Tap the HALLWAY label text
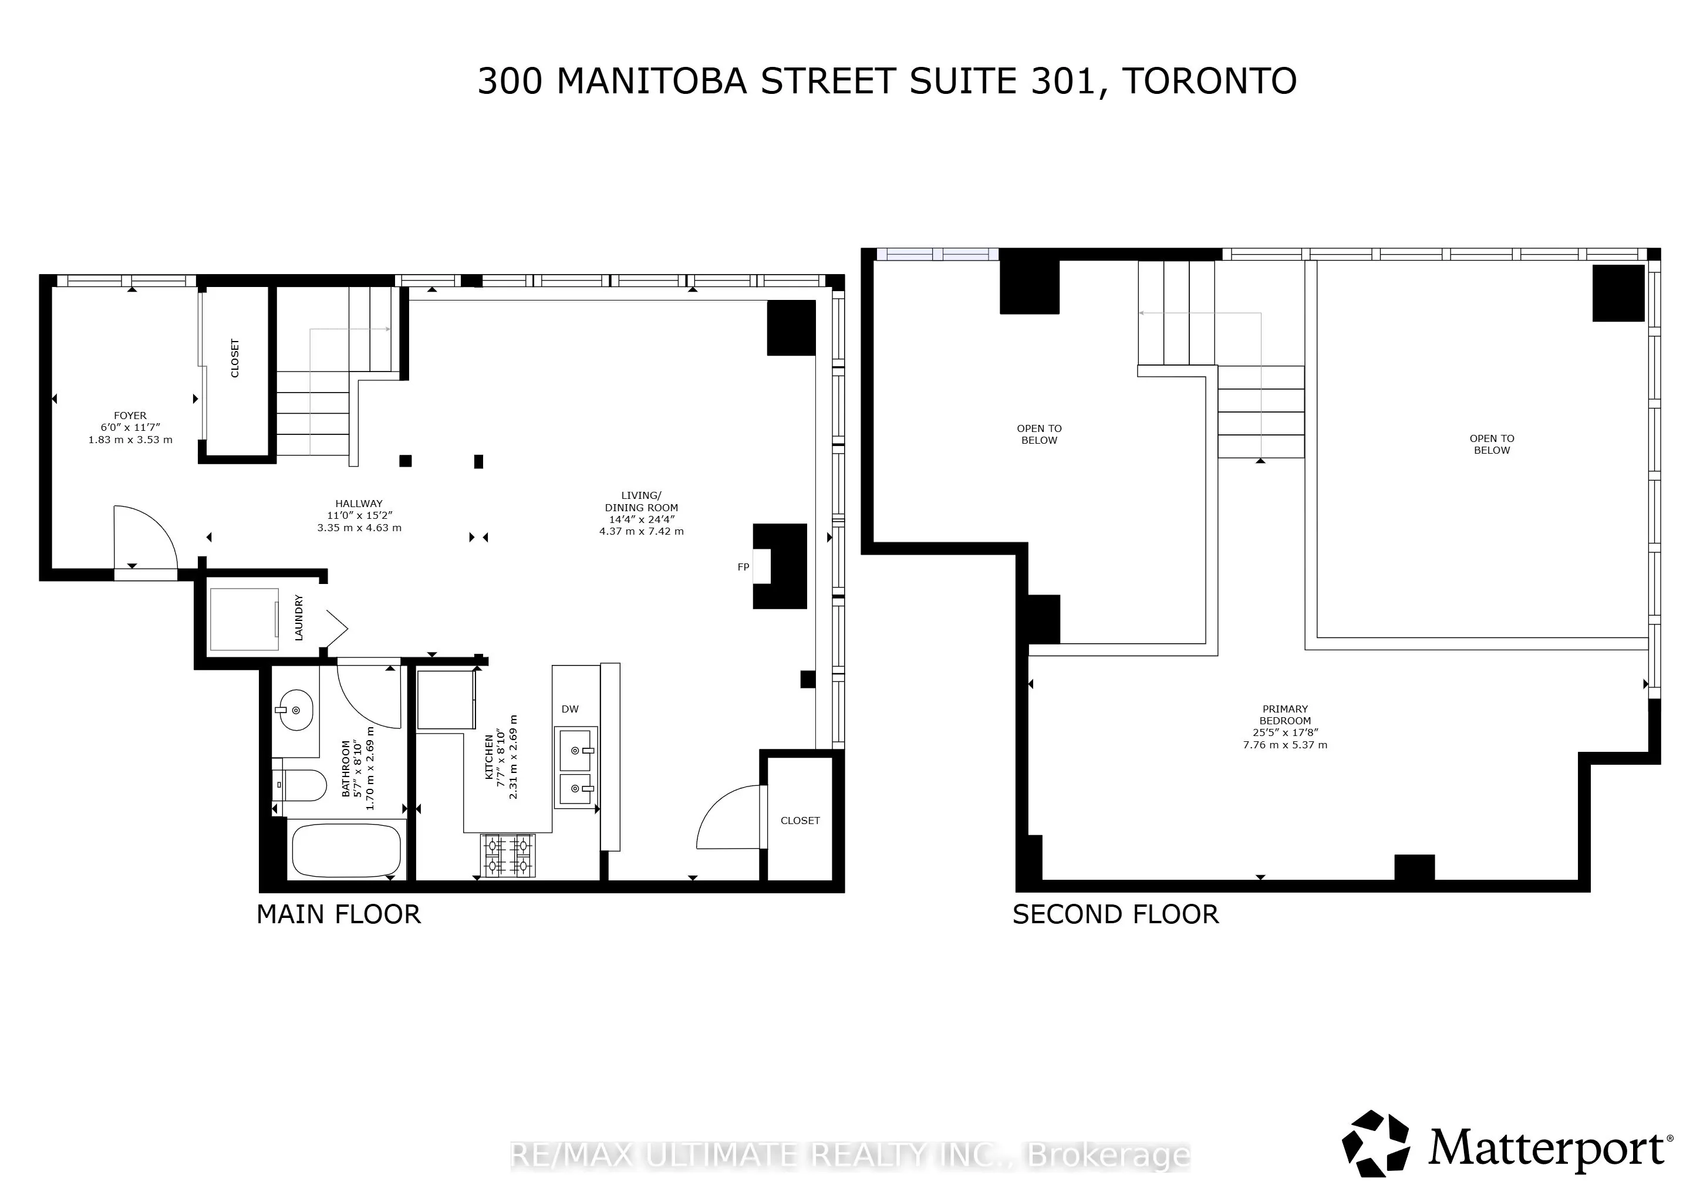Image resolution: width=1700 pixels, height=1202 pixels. [x=359, y=504]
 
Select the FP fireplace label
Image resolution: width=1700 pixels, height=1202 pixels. [x=743, y=567]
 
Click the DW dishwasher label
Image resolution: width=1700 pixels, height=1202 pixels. [x=570, y=709]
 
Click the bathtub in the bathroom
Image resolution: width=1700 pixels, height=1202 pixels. [x=346, y=850]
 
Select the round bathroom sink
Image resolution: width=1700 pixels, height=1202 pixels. [x=295, y=710]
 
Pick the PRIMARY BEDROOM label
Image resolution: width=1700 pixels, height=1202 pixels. [x=1286, y=715]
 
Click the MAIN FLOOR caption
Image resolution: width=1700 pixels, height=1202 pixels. [x=338, y=915]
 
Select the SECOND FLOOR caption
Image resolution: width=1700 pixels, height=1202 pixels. [x=1115, y=915]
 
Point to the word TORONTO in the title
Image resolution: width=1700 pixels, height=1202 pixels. [x=1210, y=82]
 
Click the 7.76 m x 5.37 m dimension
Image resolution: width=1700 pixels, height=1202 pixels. [x=1286, y=745]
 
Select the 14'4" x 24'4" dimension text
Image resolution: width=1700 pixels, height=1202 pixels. [x=641, y=519]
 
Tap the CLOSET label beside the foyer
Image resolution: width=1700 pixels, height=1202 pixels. [x=235, y=358]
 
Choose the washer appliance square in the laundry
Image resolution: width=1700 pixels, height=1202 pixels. [x=244, y=619]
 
